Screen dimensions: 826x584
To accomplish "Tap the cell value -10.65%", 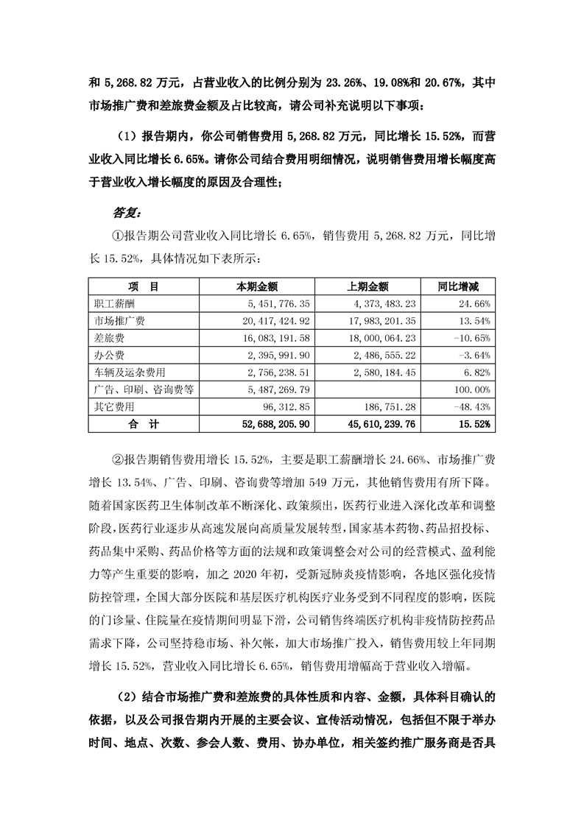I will tap(471, 338).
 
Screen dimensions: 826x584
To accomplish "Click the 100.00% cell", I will tap(471, 389).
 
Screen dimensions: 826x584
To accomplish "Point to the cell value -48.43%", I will tap(471, 406).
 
